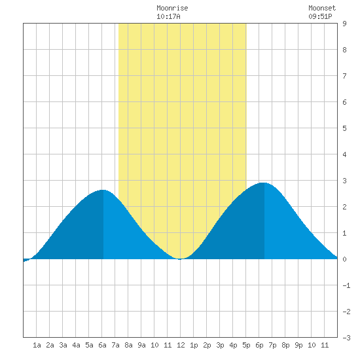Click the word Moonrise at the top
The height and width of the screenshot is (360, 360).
(172, 8)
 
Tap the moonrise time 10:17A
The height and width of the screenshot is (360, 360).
(168, 16)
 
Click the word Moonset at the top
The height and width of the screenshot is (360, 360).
(322, 8)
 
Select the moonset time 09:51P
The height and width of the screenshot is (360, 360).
(320, 16)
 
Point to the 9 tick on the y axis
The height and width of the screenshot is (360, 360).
(344, 24)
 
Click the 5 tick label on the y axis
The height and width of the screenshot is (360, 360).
(344, 128)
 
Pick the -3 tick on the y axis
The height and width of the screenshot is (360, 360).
(346, 338)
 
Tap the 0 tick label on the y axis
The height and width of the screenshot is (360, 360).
(344, 259)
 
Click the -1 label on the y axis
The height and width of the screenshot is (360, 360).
(346, 285)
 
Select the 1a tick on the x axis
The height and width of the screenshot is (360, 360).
(37, 345)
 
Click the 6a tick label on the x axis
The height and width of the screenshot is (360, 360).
(102, 345)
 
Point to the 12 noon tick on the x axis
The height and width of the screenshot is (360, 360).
(181, 345)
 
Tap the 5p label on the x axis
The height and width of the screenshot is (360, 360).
(246, 345)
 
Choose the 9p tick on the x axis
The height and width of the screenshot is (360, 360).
(298, 345)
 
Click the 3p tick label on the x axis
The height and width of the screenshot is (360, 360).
(220, 345)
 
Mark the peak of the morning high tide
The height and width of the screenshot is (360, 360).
(103, 190)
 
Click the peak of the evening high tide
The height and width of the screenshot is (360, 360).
(264, 183)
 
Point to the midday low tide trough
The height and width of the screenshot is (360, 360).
(180, 259)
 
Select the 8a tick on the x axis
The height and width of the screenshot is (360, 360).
(128, 345)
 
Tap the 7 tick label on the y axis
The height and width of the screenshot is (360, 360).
(344, 76)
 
